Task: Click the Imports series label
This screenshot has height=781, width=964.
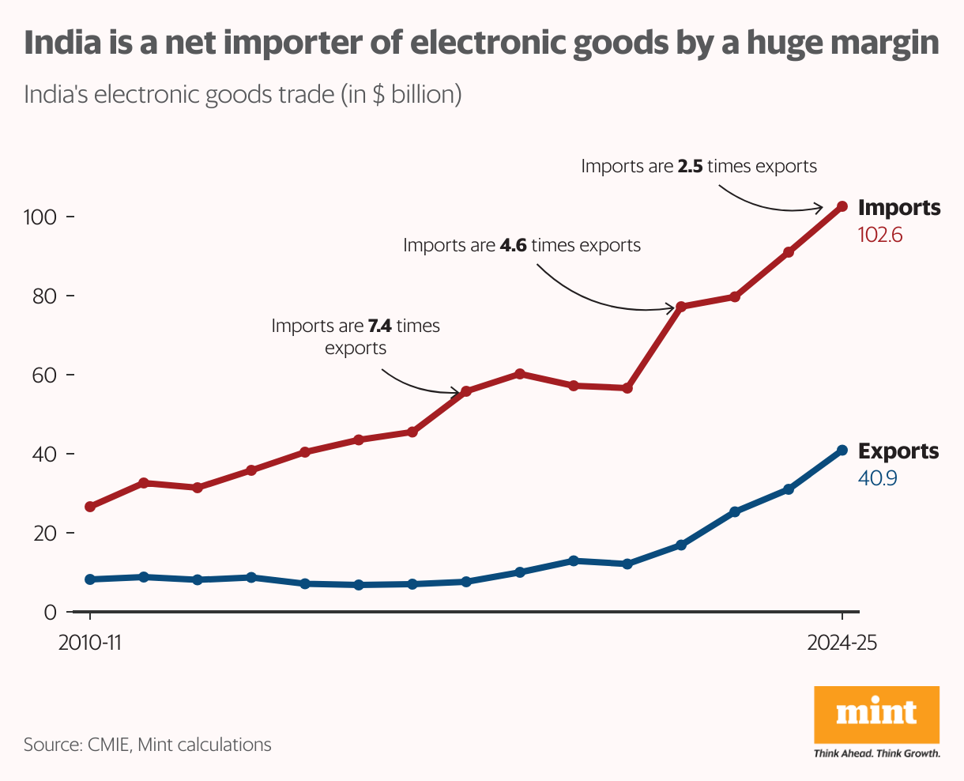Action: [899, 208]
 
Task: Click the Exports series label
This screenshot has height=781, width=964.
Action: [898, 451]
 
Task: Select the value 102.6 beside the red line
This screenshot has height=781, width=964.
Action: [879, 235]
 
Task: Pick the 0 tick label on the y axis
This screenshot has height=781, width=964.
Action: [50, 612]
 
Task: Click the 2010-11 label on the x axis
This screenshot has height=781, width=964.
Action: [90, 643]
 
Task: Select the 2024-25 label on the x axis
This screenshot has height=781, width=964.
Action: [842, 643]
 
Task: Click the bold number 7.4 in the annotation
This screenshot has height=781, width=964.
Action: [379, 326]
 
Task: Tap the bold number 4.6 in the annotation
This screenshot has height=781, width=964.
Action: [514, 246]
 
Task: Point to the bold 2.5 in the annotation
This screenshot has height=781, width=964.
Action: [690, 167]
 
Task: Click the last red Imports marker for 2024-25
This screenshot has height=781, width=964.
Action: [842, 206]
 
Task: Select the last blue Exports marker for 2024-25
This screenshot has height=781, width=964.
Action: [842, 451]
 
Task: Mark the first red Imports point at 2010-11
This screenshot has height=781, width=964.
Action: [90, 507]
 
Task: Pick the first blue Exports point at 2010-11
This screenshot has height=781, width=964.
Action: [90, 579]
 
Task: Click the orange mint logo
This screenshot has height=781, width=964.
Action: [876, 713]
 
